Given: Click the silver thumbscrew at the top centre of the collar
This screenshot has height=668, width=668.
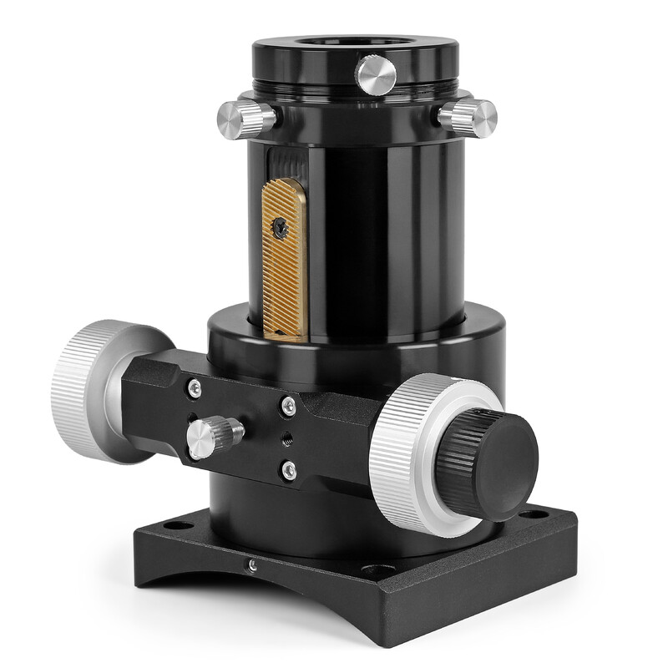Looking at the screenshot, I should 376,73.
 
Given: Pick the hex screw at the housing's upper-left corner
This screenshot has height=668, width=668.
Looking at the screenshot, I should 194,387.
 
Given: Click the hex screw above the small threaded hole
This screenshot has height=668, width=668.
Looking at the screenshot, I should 288,406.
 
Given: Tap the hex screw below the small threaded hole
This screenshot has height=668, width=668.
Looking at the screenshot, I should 288,471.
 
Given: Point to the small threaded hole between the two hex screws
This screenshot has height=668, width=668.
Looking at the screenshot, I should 288,437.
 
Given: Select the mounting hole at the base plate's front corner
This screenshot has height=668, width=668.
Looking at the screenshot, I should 368,572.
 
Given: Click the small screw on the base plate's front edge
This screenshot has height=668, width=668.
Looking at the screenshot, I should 252,565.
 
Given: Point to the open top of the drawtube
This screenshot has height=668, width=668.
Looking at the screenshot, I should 355,43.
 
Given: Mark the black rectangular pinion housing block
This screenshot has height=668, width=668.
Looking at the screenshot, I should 250,426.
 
